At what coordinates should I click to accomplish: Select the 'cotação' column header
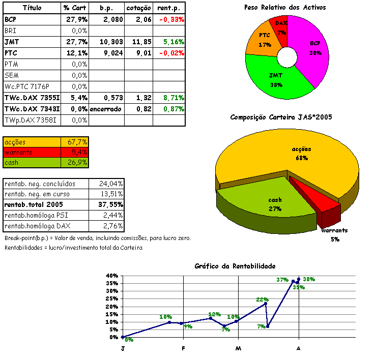(x=139, y=8)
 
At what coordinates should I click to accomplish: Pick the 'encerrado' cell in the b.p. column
(x=105, y=109)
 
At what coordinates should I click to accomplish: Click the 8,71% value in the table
(x=171, y=98)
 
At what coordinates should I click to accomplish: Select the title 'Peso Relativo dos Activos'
(x=285, y=8)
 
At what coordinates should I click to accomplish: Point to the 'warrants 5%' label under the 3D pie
(x=334, y=234)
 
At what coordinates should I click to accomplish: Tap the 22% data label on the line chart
(x=262, y=299)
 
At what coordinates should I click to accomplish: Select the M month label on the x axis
(x=238, y=348)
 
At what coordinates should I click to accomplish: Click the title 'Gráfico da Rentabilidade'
(x=235, y=266)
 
